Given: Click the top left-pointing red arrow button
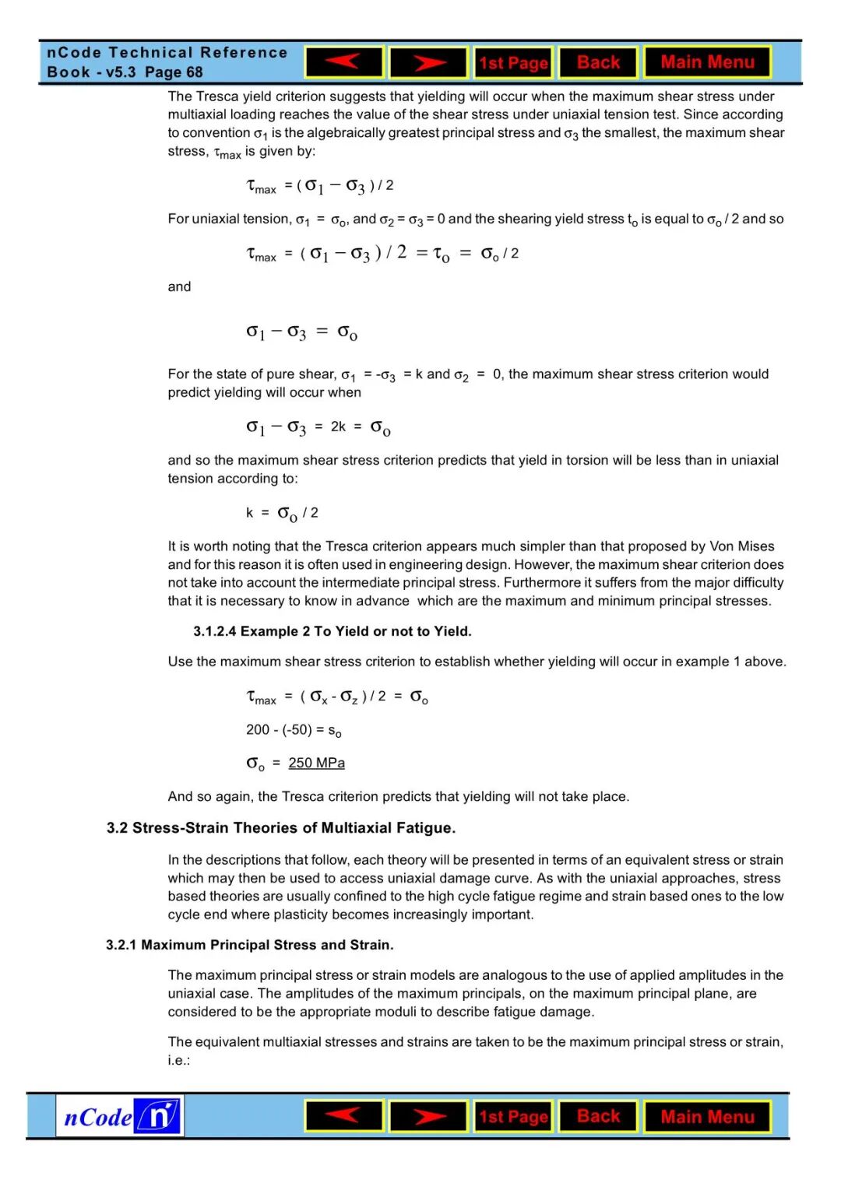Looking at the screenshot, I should tap(344, 62).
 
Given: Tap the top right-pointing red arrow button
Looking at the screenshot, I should tap(428, 62).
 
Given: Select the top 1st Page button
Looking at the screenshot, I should tap(513, 63).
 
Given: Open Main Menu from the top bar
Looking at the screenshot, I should tap(707, 62).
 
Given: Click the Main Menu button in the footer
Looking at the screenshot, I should tap(707, 1117).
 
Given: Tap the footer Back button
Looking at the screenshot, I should tap(598, 1116).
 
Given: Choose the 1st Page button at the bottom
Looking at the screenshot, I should tap(513, 1117).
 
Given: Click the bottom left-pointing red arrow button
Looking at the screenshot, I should tap(344, 1116).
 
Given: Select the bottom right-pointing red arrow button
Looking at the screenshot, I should tap(428, 1117).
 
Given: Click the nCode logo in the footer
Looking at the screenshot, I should tap(120, 1116).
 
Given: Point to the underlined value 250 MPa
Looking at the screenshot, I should tap(316, 763).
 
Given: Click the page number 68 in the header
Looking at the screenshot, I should tap(194, 72).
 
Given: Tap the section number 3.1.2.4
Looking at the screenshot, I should tap(215, 631).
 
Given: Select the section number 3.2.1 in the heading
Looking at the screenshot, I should tap(121, 945).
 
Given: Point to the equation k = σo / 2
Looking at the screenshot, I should tap(282, 513).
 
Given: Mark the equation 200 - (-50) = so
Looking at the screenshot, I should tap(294, 730).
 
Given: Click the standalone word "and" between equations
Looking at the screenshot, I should tap(179, 286).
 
